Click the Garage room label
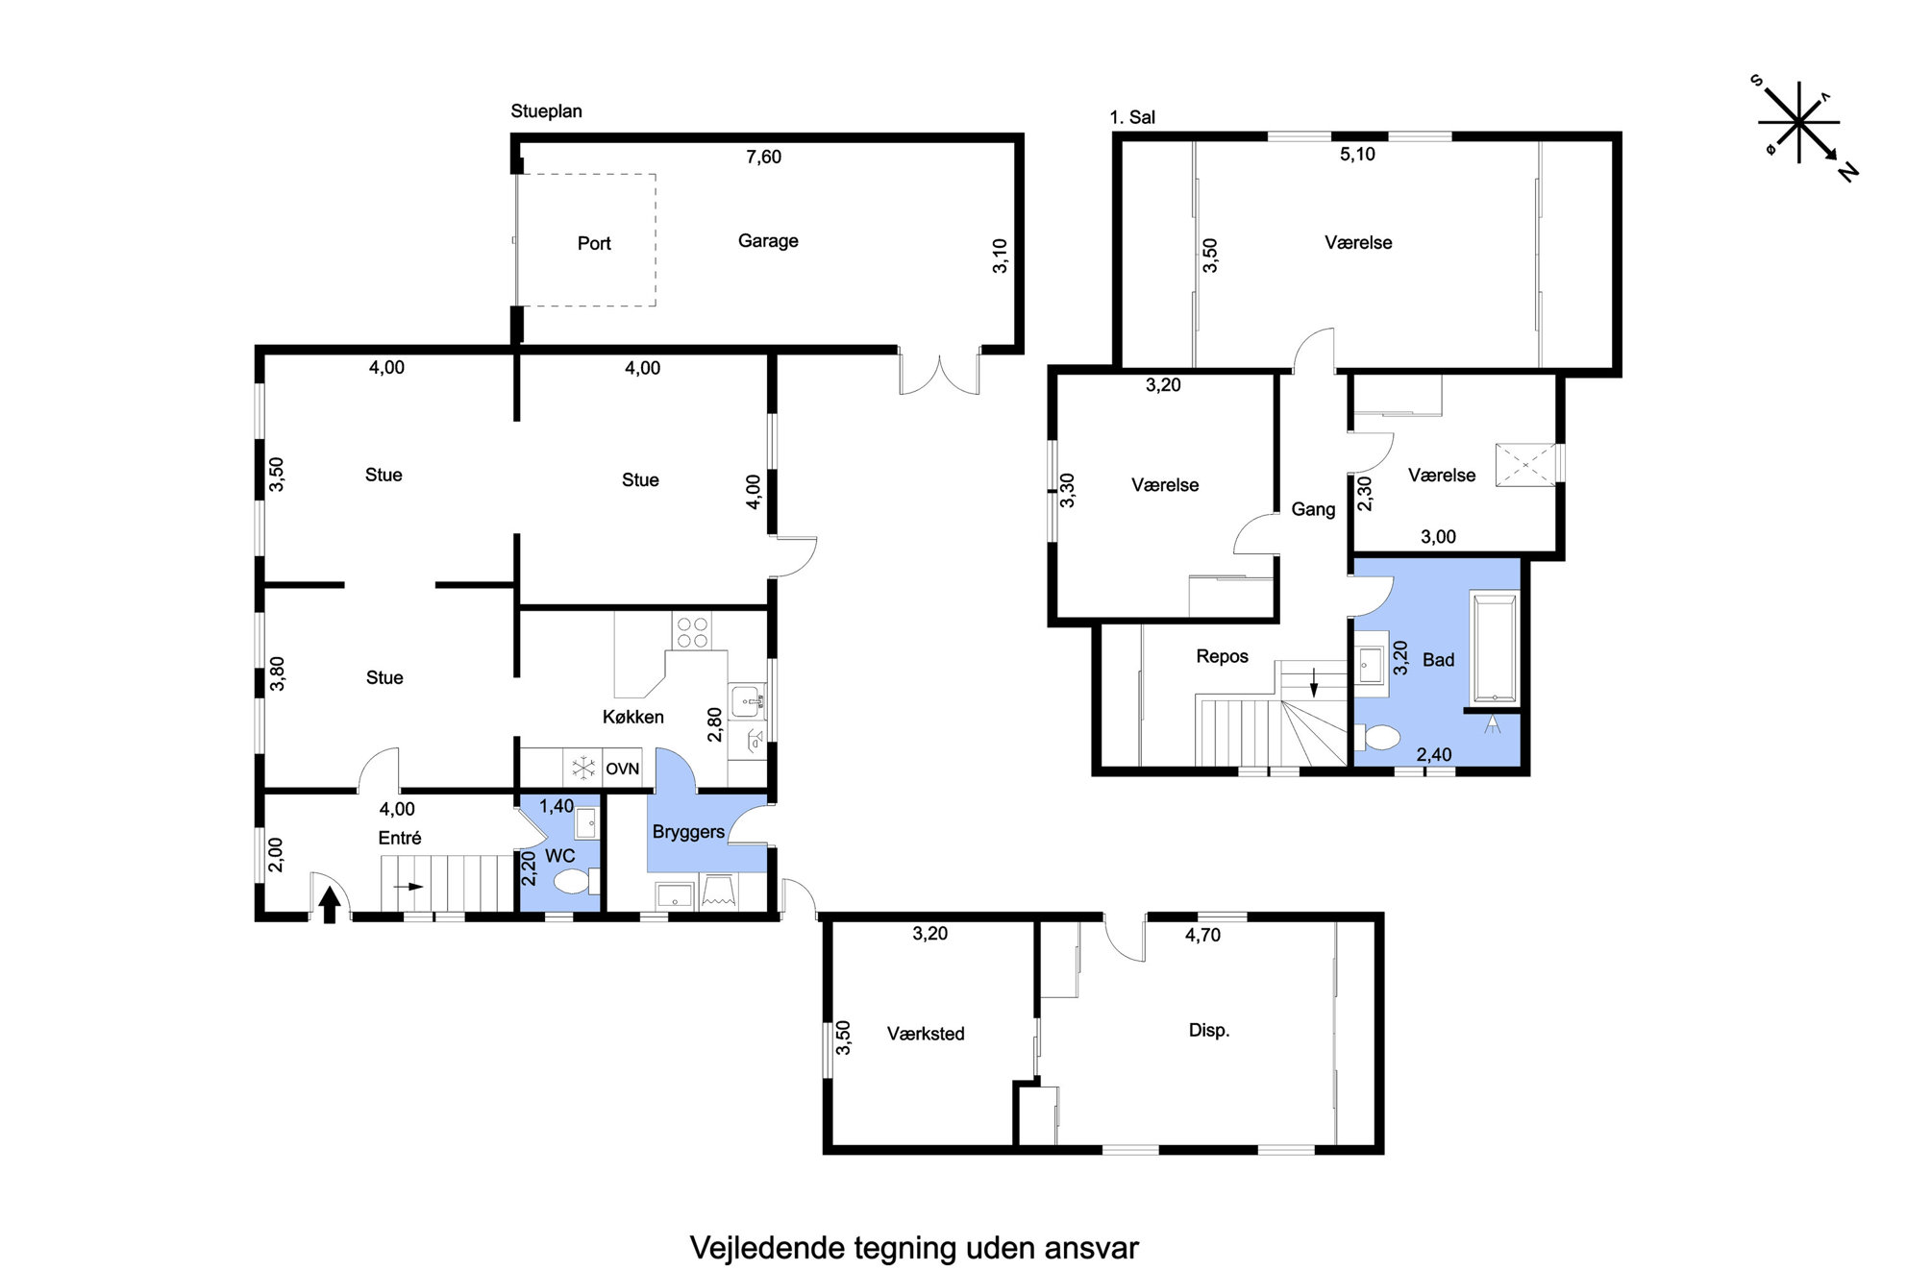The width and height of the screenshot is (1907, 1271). click(x=768, y=241)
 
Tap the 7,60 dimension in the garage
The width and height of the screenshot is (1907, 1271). click(x=763, y=157)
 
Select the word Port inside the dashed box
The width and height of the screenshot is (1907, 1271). click(x=594, y=243)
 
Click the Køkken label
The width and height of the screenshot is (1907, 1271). click(x=632, y=717)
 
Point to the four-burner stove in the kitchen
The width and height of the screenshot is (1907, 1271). click(x=692, y=632)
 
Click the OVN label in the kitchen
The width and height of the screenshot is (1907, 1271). click(x=622, y=769)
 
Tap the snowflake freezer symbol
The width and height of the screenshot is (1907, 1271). click(x=583, y=768)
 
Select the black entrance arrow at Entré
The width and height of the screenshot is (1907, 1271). click(x=330, y=904)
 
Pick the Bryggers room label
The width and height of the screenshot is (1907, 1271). click(x=688, y=832)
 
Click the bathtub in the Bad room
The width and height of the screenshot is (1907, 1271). click(x=1494, y=649)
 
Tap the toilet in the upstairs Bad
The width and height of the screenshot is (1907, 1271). click(x=1378, y=737)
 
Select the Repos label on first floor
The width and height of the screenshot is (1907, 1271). click(x=1222, y=656)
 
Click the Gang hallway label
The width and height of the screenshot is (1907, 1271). click(x=1313, y=509)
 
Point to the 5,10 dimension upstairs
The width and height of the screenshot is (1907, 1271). click(x=1357, y=154)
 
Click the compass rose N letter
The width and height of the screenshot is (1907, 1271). click(x=1847, y=172)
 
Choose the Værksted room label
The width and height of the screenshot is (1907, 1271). click(x=926, y=1034)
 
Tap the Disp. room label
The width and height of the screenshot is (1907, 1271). click(x=1209, y=1030)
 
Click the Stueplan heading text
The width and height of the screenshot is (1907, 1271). click(x=546, y=111)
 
